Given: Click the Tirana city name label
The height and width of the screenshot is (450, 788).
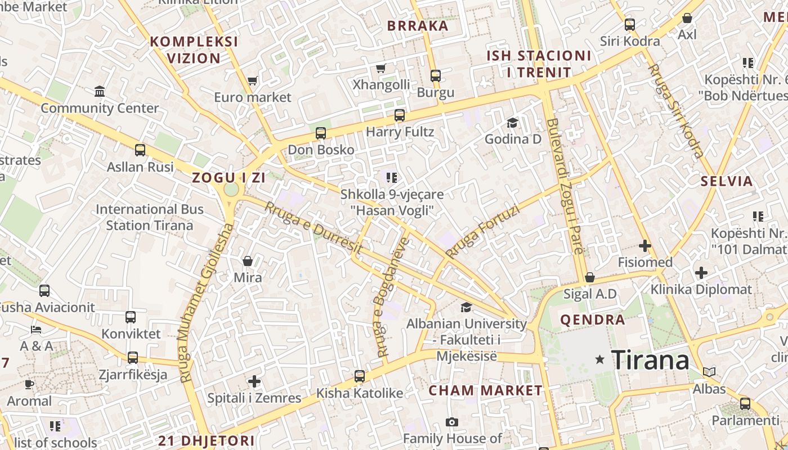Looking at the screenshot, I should [650, 360].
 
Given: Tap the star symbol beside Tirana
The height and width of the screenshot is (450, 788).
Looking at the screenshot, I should [600, 359].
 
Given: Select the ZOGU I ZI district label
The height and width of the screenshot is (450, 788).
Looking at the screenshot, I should [229, 178].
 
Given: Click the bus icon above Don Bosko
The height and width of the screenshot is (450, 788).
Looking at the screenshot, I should [321, 133].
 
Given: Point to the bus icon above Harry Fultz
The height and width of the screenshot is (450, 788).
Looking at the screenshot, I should [400, 115].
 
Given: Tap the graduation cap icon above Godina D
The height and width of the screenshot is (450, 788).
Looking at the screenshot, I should [512, 123].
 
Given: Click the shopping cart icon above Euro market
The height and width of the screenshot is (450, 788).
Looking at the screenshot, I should [253, 81].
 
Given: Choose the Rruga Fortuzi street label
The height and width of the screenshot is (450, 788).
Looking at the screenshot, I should [482, 232].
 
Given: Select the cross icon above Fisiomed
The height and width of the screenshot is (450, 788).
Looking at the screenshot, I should [645, 246].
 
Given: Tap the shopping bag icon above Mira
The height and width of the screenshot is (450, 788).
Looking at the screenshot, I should [248, 261].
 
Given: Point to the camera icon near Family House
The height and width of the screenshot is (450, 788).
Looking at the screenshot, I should [451, 422].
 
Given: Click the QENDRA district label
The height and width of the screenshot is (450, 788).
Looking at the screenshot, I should [593, 320].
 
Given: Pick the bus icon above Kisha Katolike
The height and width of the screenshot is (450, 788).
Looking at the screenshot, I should [359, 376].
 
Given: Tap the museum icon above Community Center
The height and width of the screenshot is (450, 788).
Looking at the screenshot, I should [100, 91].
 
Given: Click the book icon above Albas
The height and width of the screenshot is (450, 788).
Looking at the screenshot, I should [709, 372].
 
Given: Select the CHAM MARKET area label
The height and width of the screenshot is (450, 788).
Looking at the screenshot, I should [486, 390].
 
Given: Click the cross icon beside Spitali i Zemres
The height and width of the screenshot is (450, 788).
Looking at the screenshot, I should [254, 381].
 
